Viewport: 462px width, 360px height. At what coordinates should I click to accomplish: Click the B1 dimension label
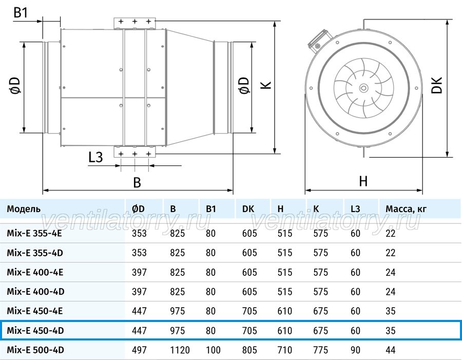click(x=21, y=12)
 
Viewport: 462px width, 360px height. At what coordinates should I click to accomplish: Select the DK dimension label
click(x=437, y=85)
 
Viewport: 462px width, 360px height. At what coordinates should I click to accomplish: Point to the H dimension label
click(x=363, y=181)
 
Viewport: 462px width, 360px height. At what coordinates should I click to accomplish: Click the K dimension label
click(x=266, y=85)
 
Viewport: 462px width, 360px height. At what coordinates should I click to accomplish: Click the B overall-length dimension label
click(x=137, y=182)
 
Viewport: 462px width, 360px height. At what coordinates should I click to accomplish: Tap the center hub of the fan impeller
click(x=363, y=87)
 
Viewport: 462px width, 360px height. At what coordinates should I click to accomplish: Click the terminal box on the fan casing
click(x=320, y=41)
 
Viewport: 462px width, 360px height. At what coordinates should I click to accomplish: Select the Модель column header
click(x=24, y=209)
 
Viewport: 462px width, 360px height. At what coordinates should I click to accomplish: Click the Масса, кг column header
click(x=406, y=209)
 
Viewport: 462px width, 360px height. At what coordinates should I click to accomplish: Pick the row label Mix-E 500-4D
click(x=35, y=350)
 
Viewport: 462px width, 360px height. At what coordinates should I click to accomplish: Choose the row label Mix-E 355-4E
click(x=34, y=233)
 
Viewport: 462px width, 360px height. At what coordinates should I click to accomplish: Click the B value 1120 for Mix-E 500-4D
click(x=180, y=350)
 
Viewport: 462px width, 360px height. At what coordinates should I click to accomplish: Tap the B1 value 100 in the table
click(x=213, y=350)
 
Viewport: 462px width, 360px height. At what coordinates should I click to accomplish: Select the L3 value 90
click(x=355, y=350)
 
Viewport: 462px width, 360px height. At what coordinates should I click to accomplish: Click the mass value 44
click(x=391, y=350)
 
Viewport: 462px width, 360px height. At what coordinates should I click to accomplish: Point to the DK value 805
click(x=249, y=350)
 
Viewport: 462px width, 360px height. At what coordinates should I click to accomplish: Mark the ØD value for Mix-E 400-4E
click(x=139, y=272)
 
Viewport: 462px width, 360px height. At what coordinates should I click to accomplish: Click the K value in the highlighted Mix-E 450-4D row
click(x=320, y=331)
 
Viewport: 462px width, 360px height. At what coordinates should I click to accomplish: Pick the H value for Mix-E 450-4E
click(x=284, y=311)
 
